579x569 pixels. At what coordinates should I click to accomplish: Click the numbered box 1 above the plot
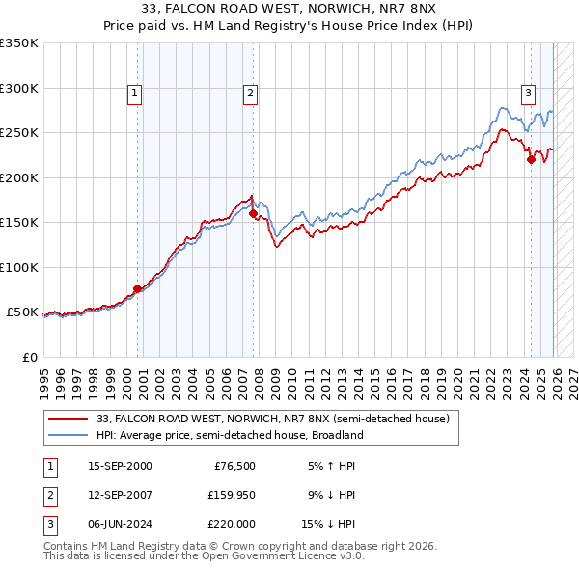tap(134, 94)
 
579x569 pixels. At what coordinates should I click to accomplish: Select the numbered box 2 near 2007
tap(250, 94)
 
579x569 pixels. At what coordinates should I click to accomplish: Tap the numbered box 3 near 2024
tap(529, 94)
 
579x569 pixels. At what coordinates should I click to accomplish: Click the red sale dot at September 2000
tap(137, 288)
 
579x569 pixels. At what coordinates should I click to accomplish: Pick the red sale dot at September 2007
tap(253, 214)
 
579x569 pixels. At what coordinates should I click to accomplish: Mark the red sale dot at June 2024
tap(531, 160)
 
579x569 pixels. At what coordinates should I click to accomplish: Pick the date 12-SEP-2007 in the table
tap(120, 495)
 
